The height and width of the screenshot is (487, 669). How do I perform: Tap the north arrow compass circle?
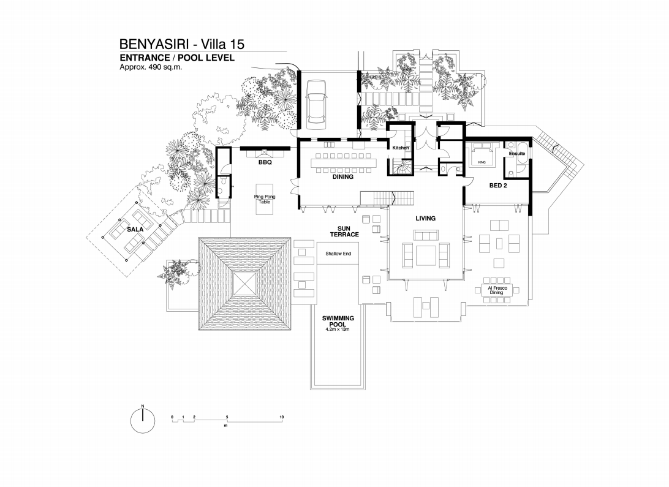tap(143, 420)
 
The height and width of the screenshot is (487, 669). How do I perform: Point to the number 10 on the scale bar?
tap(282, 417)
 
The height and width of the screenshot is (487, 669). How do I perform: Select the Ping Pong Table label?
tap(265, 199)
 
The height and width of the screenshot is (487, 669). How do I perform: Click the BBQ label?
tap(265, 162)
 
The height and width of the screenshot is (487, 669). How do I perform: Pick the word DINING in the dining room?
tap(343, 176)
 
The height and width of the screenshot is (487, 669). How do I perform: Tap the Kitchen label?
tap(401, 148)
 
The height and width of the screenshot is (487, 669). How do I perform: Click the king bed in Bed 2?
tap(482, 156)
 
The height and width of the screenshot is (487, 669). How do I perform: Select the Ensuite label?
tap(516, 154)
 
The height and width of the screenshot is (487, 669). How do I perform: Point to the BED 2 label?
tap(498, 186)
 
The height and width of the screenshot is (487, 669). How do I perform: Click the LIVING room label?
tap(426, 218)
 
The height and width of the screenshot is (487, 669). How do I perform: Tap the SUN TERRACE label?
tap(344, 232)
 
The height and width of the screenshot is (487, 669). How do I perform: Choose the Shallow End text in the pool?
tap(338, 254)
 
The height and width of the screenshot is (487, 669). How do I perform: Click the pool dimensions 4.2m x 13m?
tap(338, 330)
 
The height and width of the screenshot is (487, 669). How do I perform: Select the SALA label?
tap(135, 230)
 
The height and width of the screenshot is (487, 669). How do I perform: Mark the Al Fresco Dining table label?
tap(497, 290)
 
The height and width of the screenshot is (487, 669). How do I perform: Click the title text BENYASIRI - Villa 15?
tap(182, 44)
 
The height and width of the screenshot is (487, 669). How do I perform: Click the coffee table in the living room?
tap(426, 255)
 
